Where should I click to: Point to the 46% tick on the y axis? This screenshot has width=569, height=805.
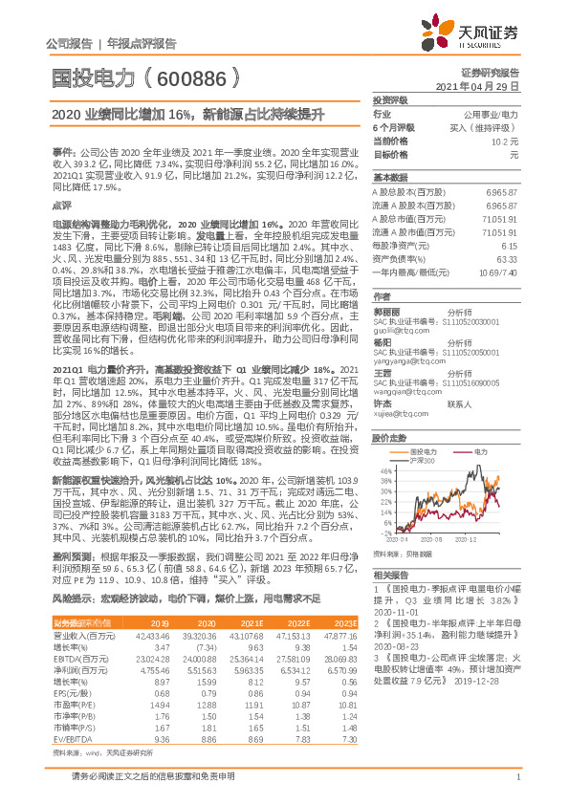pos(384,470)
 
